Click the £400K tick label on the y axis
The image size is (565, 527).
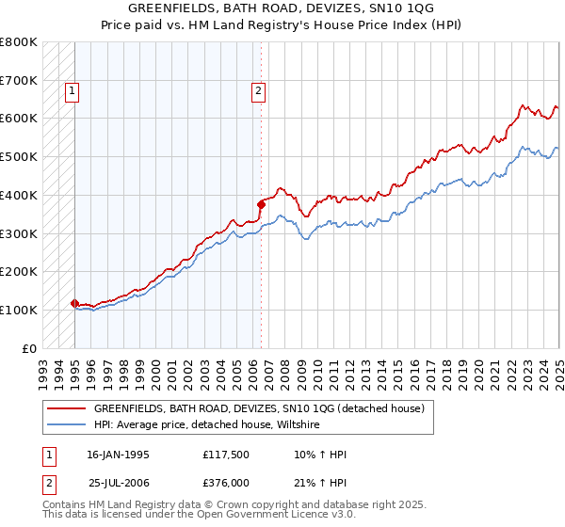point(19,195)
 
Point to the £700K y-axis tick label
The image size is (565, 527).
point(19,80)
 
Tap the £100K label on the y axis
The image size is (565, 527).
point(19,310)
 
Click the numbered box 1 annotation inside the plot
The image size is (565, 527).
point(73,91)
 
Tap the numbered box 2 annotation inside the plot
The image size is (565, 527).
point(258,91)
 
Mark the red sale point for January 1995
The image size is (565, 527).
point(74,303)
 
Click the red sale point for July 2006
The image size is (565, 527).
point(261,203)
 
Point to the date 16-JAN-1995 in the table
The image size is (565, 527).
point(118,455)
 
